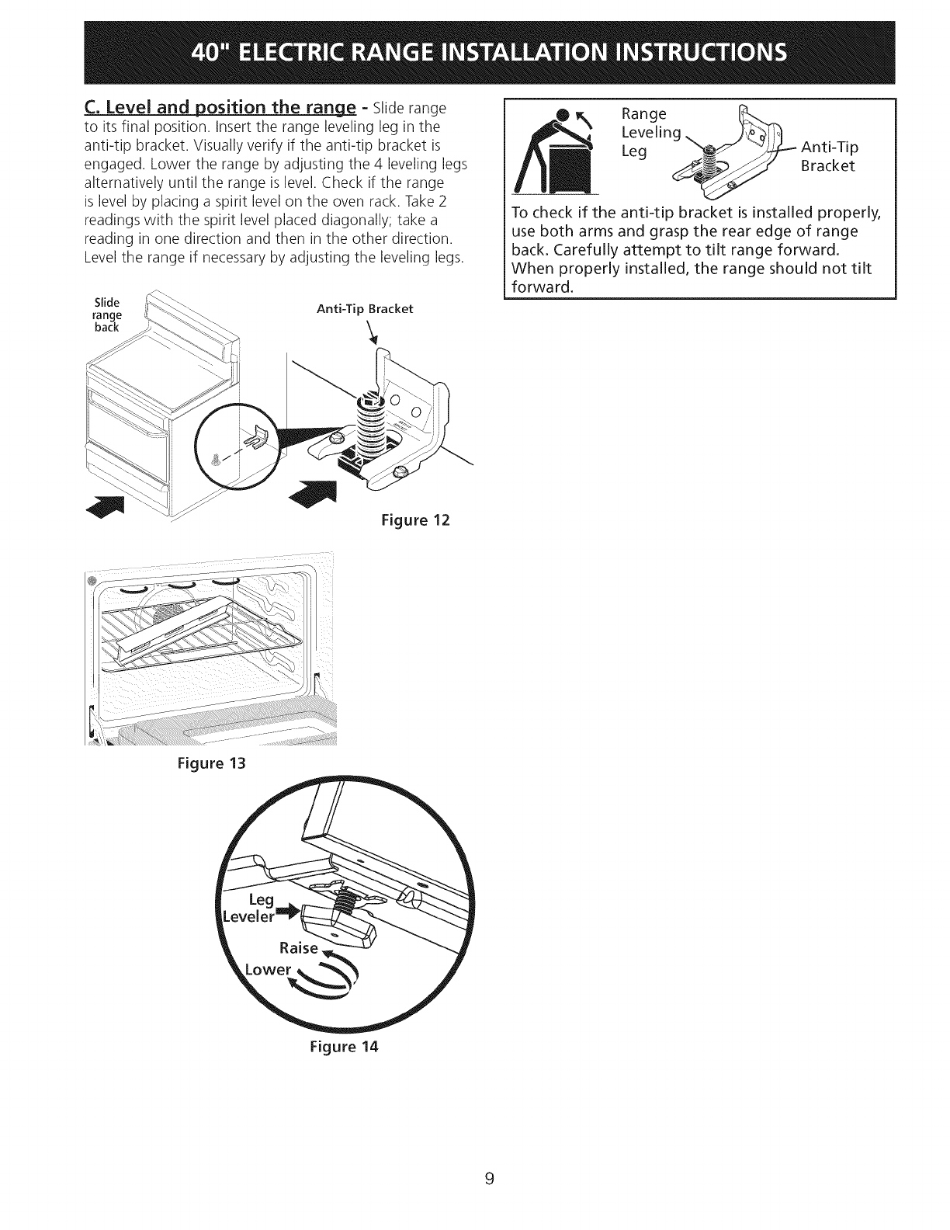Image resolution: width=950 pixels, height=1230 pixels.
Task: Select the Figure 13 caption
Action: (212, 763)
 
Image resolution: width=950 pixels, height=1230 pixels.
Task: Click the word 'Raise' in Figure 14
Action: (298, 947)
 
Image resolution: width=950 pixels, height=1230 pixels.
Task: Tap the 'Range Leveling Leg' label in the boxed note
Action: (650, 133)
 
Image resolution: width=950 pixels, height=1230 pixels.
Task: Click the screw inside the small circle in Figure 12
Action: (217, 460)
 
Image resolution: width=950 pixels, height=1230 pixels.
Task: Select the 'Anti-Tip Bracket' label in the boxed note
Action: (828, 156)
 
